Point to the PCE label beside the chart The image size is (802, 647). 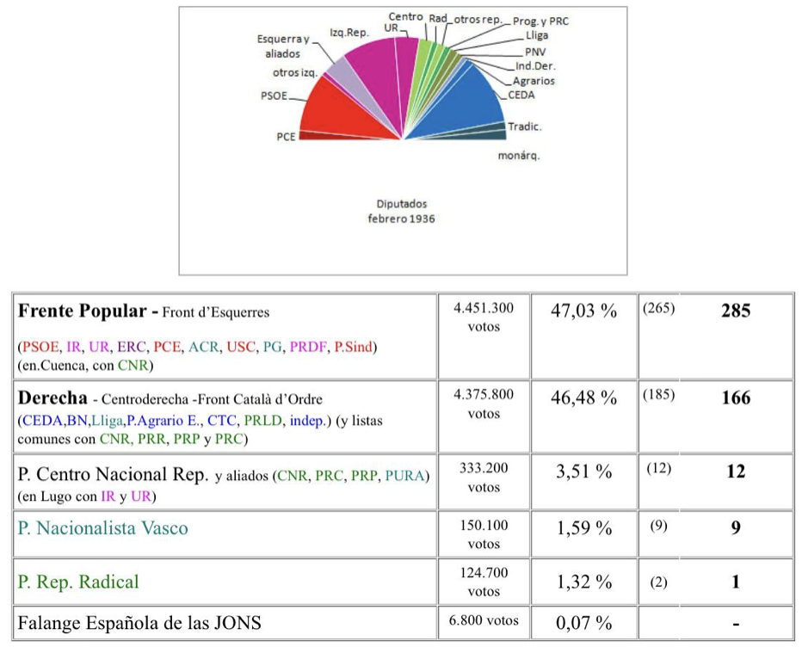click(286, 136)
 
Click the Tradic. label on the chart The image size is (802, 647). click(525, 126)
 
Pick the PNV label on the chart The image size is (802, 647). click(535, 52)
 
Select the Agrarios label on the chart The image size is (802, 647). click(534, 81)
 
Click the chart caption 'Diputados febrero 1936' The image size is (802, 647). click(402, 212)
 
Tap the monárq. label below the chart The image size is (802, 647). click(519, 156)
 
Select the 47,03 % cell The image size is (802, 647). click(583, 311)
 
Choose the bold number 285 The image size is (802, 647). click(736, 311)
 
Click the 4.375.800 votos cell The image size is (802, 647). click(484, 404)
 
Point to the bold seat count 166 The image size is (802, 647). click(736, 397)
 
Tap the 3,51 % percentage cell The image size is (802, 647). click(583, 471)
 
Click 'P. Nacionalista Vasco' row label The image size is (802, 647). click(102, 527)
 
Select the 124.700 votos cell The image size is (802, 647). click(484, 582)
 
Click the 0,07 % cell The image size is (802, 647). click(583, 622)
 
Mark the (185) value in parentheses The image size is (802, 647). click(658, 396)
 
